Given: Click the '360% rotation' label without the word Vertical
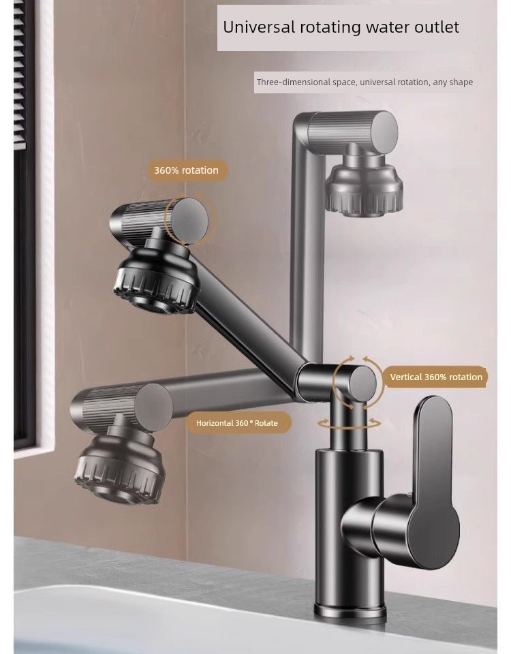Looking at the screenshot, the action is coord(186,170).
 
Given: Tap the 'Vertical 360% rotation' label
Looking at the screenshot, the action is coord(436,377).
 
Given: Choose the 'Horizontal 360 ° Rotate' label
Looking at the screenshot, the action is coord(237,423).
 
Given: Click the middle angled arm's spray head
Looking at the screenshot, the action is coord(156,276).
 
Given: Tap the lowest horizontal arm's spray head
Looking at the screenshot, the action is coord(118,464).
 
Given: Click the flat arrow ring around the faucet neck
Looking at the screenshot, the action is coord(349,424).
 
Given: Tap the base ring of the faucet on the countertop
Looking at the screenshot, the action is coord(350,611).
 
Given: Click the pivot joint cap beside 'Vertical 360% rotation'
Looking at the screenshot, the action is coord(362,384).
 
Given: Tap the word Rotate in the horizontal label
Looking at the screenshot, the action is coord(266,423).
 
